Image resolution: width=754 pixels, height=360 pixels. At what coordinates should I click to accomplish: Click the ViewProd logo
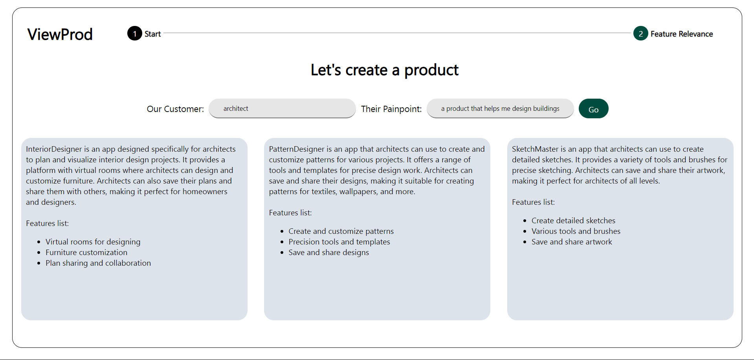[x=60, y=34]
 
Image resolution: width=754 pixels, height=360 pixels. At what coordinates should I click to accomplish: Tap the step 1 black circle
[x=134, y=33]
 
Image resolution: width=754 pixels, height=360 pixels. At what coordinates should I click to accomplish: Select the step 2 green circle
[x=640, y=33]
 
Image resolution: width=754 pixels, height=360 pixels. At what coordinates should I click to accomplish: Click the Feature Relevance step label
[x=682, y=34]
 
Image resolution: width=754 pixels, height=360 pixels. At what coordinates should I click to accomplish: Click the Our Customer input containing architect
[x=282, y=108]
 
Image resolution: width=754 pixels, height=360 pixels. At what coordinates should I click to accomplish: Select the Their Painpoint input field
[x=500, y=108]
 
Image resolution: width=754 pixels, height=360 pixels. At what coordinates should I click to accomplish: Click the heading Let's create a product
[x=385, y=70]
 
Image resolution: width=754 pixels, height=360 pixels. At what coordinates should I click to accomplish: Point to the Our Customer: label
[x=175, y=109]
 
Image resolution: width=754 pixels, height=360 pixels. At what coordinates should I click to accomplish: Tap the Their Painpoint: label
[x=391, y=109]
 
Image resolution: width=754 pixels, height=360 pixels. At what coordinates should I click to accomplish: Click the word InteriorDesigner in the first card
[x=54, y=149]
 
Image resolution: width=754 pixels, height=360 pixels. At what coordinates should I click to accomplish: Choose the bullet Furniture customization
[x=86, y=252]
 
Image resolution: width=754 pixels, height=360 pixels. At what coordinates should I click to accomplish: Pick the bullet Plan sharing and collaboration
[x=98, y=263]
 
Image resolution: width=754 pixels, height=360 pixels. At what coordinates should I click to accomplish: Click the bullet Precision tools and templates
[x=339, y=242]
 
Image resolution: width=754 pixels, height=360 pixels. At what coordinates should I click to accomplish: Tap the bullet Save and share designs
[x=329, y=252]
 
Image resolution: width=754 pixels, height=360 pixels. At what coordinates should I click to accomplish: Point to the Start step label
[x=153, y=34]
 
